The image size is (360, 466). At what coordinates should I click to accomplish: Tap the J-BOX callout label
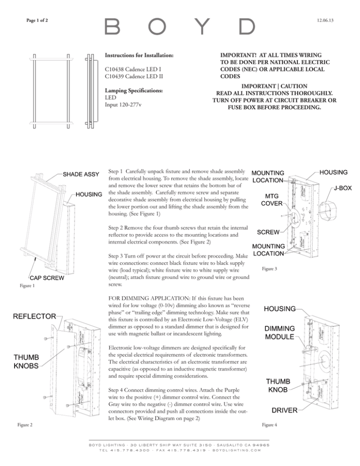[346, 188]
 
